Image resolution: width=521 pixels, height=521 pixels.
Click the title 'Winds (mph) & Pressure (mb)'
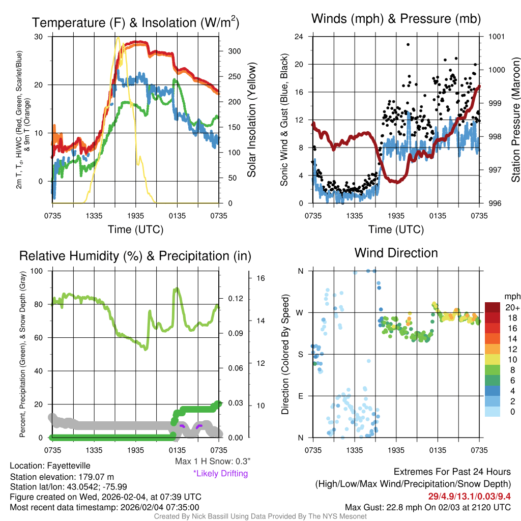[x=396, y=19]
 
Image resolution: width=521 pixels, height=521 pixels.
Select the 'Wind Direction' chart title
[x=396, y=253]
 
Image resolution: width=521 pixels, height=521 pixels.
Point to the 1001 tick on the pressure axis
[x=496, y=37]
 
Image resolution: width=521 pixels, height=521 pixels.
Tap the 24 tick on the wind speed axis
[x=299, y=37]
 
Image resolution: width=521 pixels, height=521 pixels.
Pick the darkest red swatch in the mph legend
[x=493, y=307]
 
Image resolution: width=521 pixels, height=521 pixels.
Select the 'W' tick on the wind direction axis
[x=300, y=312]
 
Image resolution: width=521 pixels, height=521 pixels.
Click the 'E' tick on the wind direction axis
[x=300, y=396]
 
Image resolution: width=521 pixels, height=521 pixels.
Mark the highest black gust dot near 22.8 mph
[x=408, y=44]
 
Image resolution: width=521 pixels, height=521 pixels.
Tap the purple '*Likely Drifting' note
[x=220, y=474]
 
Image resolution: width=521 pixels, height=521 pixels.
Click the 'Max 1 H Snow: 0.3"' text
[x=212, y=461]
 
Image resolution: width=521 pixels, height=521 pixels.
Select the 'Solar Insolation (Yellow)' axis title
[x=251, y=120]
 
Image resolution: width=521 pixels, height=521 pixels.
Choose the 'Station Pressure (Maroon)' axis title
[x=515, y=120]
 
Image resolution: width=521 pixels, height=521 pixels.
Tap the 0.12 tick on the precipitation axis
[x=235, y=299]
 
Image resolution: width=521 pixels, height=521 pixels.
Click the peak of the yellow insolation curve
[x=118, y=38]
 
